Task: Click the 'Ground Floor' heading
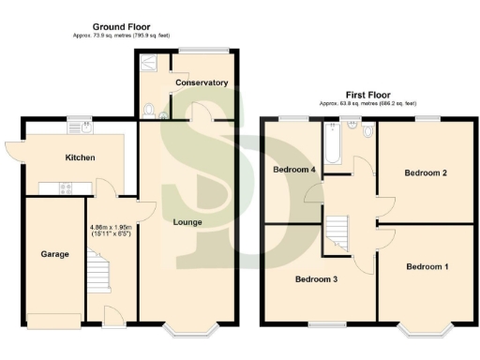pyautogui.click(x=122, y=26)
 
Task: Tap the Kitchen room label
pyautogui.click(x=80, y=157)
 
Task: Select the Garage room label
pyautogui.click(x=54, y=254)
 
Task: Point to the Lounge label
pyautogui.click(x=187, y=222)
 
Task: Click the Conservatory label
pyautogui.click(x=201, y=82)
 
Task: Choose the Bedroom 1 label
pyautogui.click(x=427, y=267)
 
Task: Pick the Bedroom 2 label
pyautogui.click(x=425, y=173)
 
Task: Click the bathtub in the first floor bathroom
pyautogui.click(x=331, y=144)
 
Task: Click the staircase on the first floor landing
pyautogui.click(x=337, y=230)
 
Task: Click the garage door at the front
pyautogui.click(x=54, y=321)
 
